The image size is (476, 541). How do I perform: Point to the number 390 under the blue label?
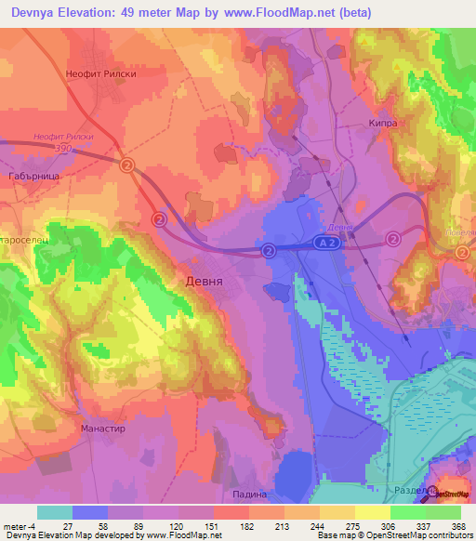63,148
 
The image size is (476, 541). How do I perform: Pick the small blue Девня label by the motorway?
342,228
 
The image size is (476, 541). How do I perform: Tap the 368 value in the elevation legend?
458,525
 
